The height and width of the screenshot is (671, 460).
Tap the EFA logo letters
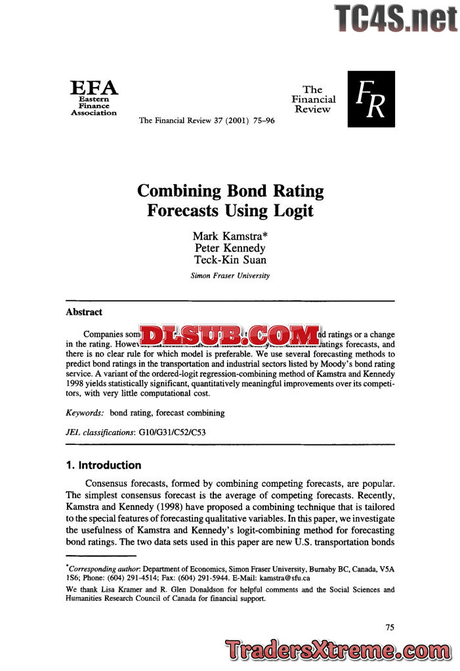coord(94,88)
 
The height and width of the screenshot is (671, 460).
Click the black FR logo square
coord(371,99)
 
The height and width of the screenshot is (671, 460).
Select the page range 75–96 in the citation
coord(260,121)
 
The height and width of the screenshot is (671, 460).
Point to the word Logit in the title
coord(293,211)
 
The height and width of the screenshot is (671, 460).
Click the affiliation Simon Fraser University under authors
coord(230,276)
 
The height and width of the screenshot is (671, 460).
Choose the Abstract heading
coord(84,312)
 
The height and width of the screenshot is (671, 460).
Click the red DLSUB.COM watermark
coord(230,335)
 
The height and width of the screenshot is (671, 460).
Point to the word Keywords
coord(85,413)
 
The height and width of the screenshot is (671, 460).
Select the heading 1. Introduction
coord(104,465)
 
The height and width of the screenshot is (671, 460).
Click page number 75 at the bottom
coord(390,627)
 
